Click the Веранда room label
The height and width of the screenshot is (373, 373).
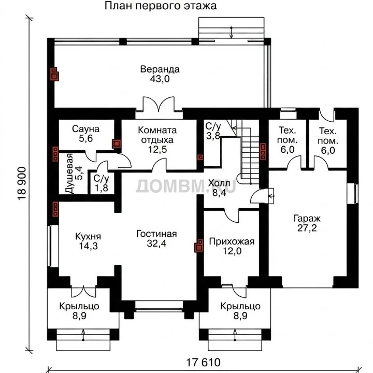(160, 69)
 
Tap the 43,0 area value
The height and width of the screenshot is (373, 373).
(160, 79)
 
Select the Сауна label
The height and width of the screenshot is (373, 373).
(85, 129)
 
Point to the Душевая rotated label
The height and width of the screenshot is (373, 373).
(69, 174)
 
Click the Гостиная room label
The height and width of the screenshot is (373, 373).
(156, 234)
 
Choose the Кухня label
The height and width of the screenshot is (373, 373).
(88, 236)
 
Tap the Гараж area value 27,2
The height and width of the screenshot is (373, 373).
(307, 228)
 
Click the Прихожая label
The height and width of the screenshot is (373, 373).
(232, 242)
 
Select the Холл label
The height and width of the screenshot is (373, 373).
(219, 183)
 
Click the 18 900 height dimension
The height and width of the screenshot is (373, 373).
(22, 183)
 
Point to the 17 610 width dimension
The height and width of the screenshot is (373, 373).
(203, 363)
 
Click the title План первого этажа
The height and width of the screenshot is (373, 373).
(161, 6)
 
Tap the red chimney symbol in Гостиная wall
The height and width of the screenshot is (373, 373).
(199, 246)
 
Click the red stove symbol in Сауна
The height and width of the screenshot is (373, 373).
(117, 144)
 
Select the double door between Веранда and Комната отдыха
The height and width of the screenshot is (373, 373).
(159, 104)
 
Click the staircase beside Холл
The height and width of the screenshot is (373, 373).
(248, 152)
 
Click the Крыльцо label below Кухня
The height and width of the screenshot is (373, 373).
(79, 306)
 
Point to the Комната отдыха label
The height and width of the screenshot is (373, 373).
(157, 135)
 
